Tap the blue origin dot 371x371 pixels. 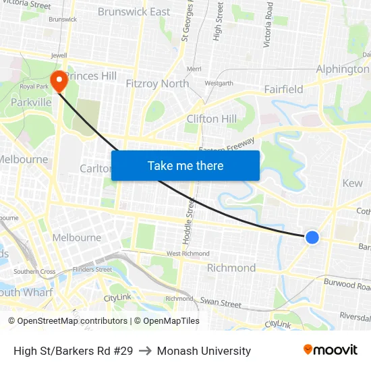[312, 237]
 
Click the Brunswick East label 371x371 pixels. [134, 11]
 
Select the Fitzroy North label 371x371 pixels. [157, 84]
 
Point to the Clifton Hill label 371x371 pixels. [211, 119]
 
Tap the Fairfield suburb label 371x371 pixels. [283, 89]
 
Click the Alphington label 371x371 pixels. [343, 69]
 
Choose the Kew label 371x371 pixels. [352, 183]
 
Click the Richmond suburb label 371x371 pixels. [231, 268]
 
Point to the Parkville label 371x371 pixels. [31, 102]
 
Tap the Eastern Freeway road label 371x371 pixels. [227, 145]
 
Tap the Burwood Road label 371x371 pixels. [348, 285]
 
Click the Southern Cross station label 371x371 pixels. [34, 272]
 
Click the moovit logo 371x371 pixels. [330, 350]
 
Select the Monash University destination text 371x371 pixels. [204, 351]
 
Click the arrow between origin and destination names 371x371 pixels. [144, 351]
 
